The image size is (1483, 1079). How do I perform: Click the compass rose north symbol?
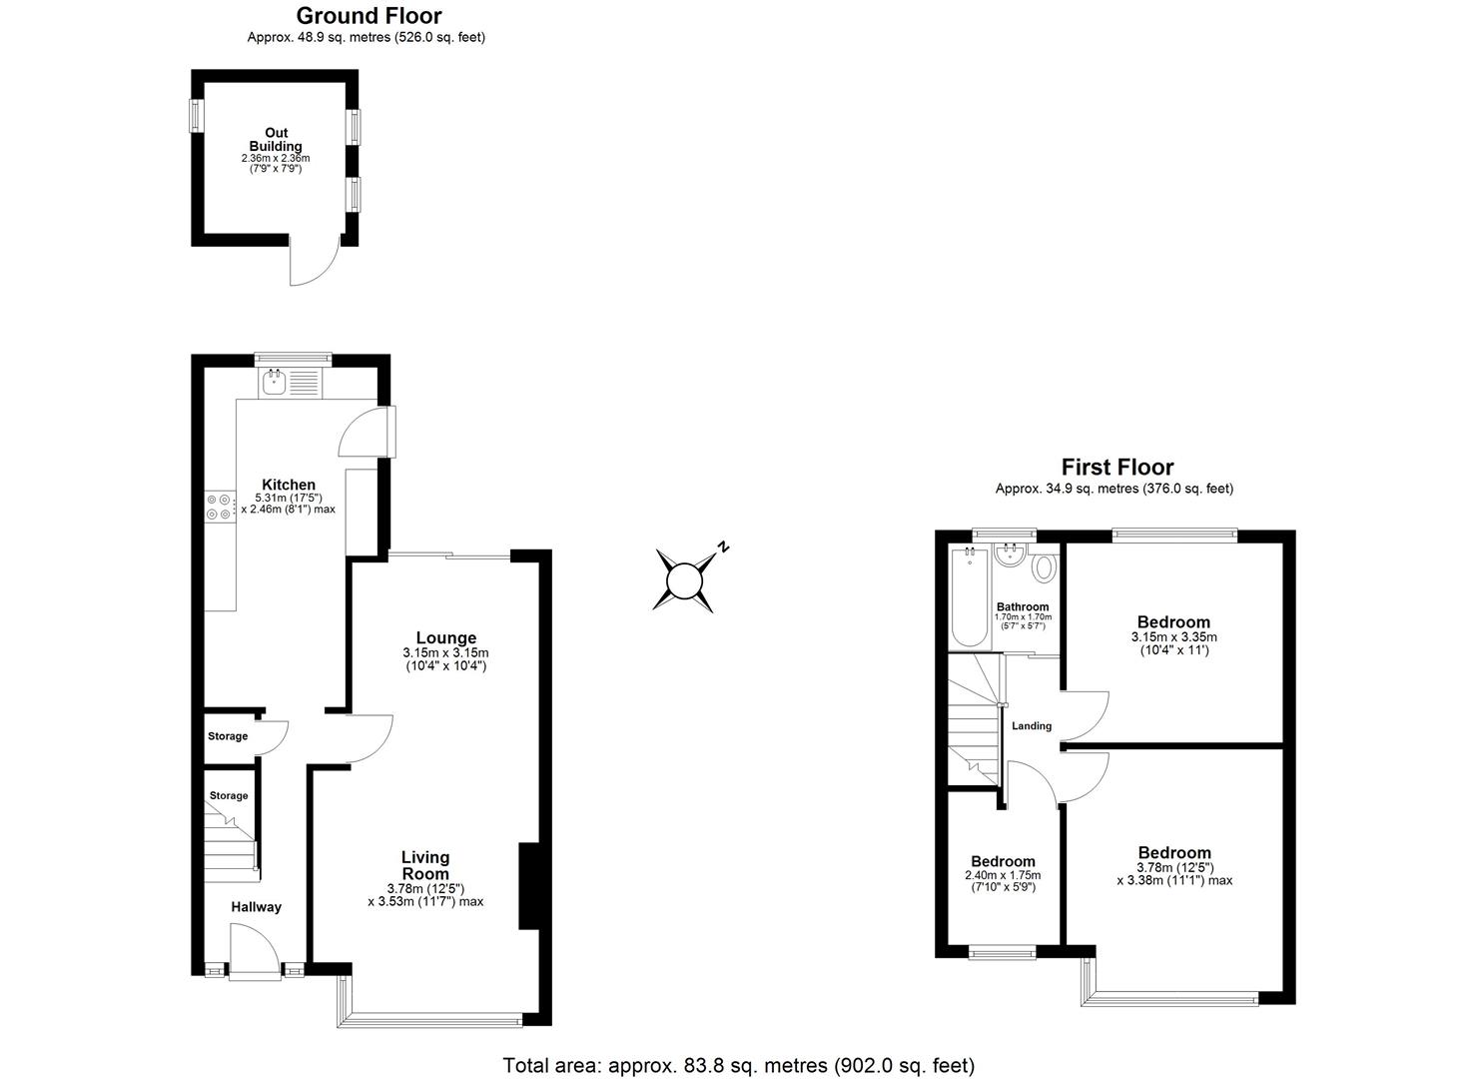coord(686,578)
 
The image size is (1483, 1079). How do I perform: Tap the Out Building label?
coord(276,140)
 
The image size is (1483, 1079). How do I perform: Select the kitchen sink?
coord(273,380)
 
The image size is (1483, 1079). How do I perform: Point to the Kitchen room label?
coord(289,486)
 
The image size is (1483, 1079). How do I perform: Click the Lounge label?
coord(445,638)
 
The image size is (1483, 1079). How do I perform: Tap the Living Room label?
coord(425,865)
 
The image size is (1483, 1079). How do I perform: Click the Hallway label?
coord(257,907)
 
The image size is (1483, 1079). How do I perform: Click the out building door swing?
coord(313,264)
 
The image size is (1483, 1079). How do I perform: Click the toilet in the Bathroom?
coord(1044,567)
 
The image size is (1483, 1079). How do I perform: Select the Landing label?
coord(1032,726)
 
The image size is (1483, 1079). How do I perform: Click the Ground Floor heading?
coord(369,16)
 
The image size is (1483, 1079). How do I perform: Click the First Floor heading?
coord(1116,467)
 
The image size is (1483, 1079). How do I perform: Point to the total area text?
coord(738,1065)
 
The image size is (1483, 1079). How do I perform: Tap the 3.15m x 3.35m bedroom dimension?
coord(1173,637)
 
